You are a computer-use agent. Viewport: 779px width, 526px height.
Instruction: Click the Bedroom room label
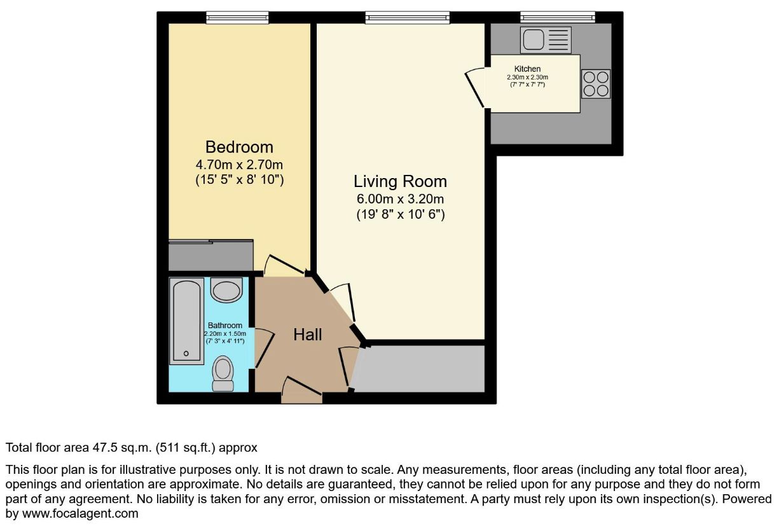(239, 147)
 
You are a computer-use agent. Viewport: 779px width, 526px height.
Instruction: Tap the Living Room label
(400, 181)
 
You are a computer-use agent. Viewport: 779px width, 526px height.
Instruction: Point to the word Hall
(307, 335)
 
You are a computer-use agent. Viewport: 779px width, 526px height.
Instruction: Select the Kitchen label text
(527, 69)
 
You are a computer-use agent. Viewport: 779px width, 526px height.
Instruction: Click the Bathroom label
(225, 325)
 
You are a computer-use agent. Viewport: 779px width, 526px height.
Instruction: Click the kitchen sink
(546, 40)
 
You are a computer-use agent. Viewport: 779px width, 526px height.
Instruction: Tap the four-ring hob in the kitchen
(596, 83)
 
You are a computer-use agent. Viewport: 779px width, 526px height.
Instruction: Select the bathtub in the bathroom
(186, 321)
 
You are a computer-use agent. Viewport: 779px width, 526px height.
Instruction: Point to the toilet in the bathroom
(223, 373)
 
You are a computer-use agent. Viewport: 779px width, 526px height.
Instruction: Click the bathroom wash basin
(226, 290)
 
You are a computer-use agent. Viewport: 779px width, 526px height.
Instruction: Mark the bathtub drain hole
(186, 354)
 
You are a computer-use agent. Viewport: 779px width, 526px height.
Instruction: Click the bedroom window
(238, 17)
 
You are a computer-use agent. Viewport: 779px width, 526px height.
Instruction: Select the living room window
(407, 17)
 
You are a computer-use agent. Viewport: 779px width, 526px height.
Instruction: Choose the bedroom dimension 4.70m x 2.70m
(239, 164)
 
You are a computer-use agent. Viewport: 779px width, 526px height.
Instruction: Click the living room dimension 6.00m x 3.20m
(400, 199)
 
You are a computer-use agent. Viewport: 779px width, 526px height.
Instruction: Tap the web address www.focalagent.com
(80, 513)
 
